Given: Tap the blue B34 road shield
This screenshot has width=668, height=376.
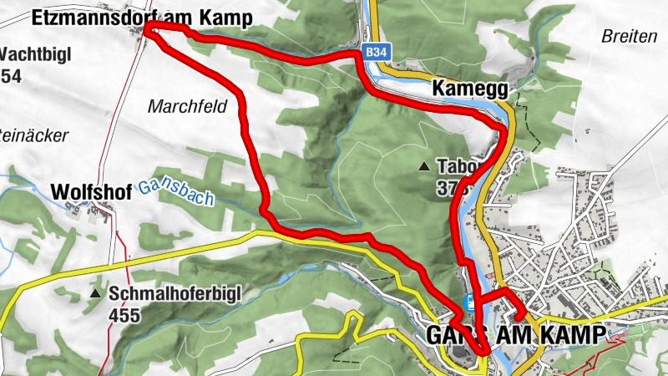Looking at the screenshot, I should tap(376, 53).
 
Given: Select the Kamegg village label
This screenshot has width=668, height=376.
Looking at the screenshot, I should tap(471, 87).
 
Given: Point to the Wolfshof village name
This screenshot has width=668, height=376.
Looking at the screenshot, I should tap(91, 191).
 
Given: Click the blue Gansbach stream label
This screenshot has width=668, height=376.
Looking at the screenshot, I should tap(176, 192).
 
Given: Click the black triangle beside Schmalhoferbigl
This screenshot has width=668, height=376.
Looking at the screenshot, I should tap(97, 294).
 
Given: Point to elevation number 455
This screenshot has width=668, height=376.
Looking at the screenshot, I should tap(124, 315).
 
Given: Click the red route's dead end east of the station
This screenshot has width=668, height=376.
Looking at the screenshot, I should tap(522, 316).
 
